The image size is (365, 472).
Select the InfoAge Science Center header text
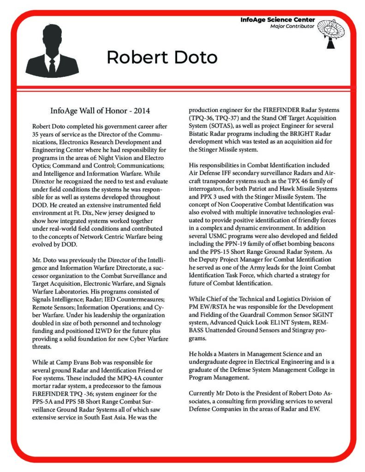point(277,20)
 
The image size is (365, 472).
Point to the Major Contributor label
point(292,26)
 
